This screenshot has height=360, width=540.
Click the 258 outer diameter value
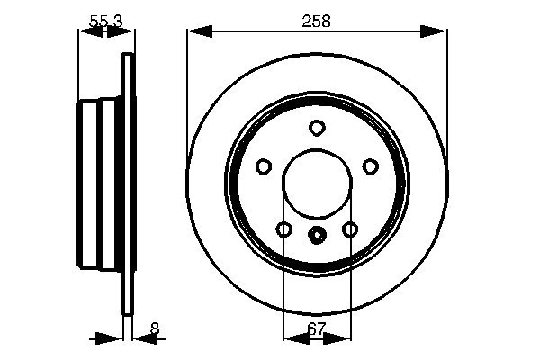[317, 20]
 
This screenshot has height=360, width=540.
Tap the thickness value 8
[155, 329]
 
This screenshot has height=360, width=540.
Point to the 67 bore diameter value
[316, 329]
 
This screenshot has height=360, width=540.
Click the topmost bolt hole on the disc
[317, 128]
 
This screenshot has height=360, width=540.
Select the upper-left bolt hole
[264, 166]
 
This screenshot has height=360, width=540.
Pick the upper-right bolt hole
[370, 166]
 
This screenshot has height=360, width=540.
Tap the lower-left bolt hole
[283, 229]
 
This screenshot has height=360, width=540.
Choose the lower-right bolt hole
[350, 229]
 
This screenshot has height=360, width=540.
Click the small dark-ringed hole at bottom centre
[317, 236]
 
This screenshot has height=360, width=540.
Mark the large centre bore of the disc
[317, 184]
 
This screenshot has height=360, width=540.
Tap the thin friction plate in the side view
[128, 184]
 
